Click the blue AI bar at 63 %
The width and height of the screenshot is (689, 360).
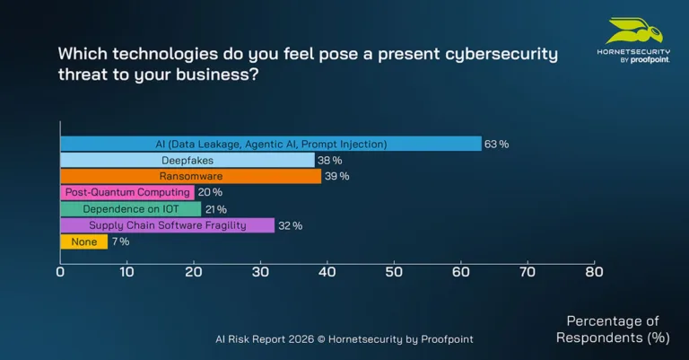[270, 144]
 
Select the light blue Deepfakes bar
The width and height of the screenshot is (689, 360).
[187, 160]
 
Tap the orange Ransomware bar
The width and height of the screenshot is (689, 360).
[190, 176]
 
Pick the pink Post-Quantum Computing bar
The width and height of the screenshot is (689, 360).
[126, 192]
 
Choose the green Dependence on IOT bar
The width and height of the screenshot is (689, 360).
[130, 209]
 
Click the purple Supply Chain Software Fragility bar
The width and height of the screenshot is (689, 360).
[167, 225]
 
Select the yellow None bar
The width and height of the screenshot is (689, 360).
[83, 241]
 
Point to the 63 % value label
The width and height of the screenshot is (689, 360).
[496, 144]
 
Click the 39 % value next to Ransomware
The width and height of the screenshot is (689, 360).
[336, 176]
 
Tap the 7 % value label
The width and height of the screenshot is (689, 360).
[120, 241]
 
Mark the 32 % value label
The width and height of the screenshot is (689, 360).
[290, 225]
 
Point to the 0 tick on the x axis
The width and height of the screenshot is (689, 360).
[60, 271]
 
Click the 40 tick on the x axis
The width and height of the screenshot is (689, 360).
[327, 271]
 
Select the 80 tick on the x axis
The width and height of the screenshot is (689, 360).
[593, 271]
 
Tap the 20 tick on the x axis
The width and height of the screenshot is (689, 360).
[193, 271]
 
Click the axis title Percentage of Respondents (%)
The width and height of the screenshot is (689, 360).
[613, 329]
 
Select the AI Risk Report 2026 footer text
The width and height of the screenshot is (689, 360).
[344, 339]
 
